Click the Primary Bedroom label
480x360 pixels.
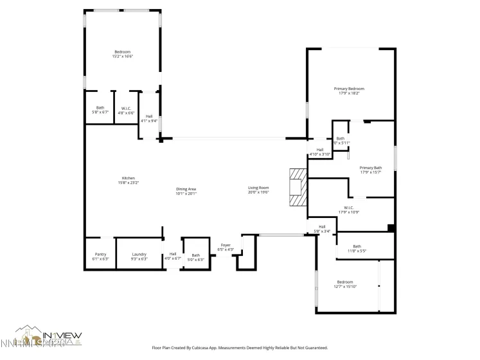click(349, 91)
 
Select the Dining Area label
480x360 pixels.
click(186, 191)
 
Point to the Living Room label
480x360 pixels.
click(258, 190)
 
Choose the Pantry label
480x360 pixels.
click(100, 256)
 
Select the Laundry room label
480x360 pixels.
click(139, 256)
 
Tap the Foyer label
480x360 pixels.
click(226, 247)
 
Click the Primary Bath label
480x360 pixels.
click(371, 170)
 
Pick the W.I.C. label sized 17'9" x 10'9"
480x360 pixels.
click(349, 210)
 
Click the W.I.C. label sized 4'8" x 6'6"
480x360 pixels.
click(126, 110)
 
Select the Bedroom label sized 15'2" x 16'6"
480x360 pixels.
click(122, 54)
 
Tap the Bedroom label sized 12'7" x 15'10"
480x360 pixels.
click(346, 284)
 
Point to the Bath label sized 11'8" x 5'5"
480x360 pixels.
click(357, 248)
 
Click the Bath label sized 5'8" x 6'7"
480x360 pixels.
click(100, 110)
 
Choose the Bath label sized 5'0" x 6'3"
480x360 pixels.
click(195, 257)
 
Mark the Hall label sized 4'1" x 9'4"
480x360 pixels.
click(149, 118)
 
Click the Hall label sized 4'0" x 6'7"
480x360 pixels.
click(173, 256)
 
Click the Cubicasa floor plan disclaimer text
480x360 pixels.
click(240, 348)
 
